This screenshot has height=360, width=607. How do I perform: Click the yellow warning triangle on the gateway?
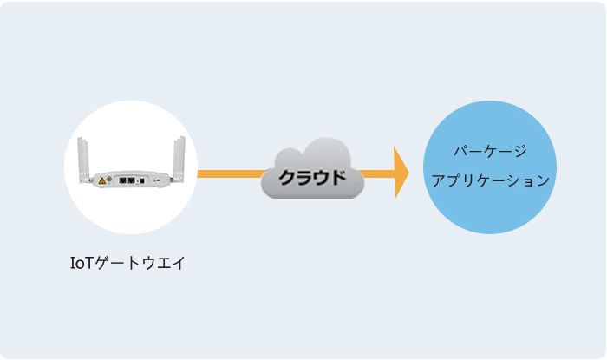coord(102,180)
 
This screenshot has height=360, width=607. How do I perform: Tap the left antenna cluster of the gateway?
coord(83,159)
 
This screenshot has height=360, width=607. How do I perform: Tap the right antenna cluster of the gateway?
coord(179,159)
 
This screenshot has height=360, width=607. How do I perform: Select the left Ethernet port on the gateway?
coord(123,180)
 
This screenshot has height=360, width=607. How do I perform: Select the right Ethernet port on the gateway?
coord(132,180)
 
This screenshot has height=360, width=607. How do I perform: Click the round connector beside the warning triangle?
coord(109,179)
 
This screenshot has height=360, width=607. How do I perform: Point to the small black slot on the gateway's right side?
coord(157,180)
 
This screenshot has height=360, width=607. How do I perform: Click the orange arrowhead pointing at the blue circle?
coord(401,173)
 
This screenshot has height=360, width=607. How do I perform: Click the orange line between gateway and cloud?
coord(232,173)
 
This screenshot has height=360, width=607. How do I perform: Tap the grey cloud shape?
coord(312,168)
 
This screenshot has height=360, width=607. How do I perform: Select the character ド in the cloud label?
coord(337,177)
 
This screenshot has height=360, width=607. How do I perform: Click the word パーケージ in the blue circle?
coord(490,151)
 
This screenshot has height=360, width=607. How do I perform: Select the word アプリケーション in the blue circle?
coord(491,180)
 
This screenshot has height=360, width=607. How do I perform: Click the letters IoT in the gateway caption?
coord(82,263)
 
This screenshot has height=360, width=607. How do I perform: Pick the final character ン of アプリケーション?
coord(543,180)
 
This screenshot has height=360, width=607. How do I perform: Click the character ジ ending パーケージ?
coord(520,151)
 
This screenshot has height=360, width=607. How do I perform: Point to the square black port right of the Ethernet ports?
coord(142,180)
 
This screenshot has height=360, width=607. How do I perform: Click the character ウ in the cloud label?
coord(321,177)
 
